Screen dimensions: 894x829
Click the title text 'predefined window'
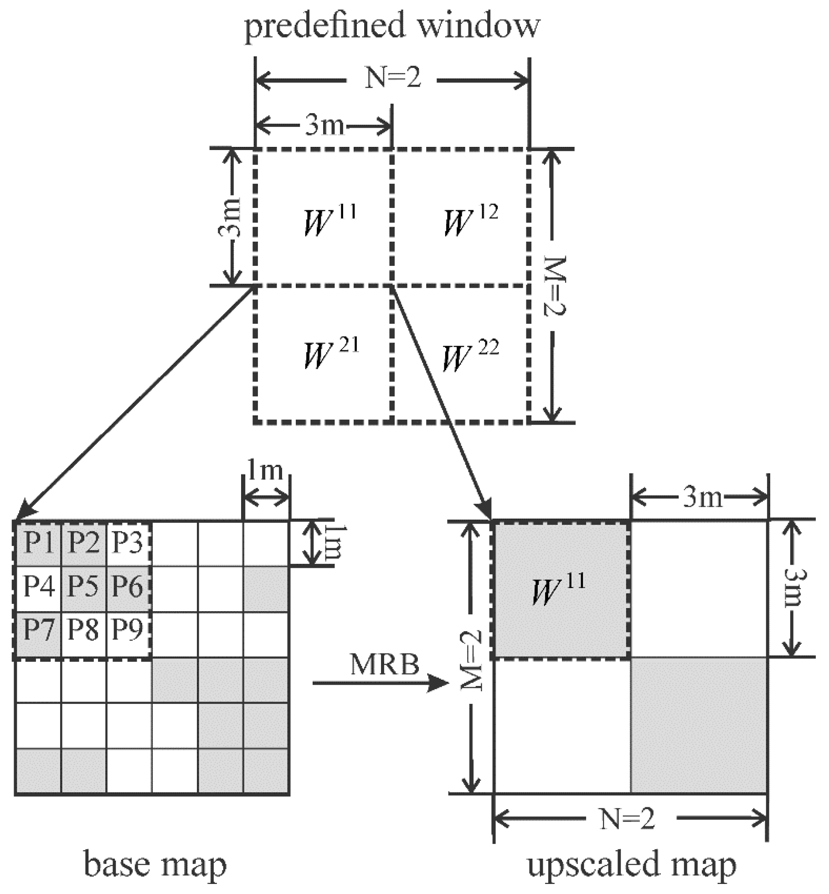point(392,26)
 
